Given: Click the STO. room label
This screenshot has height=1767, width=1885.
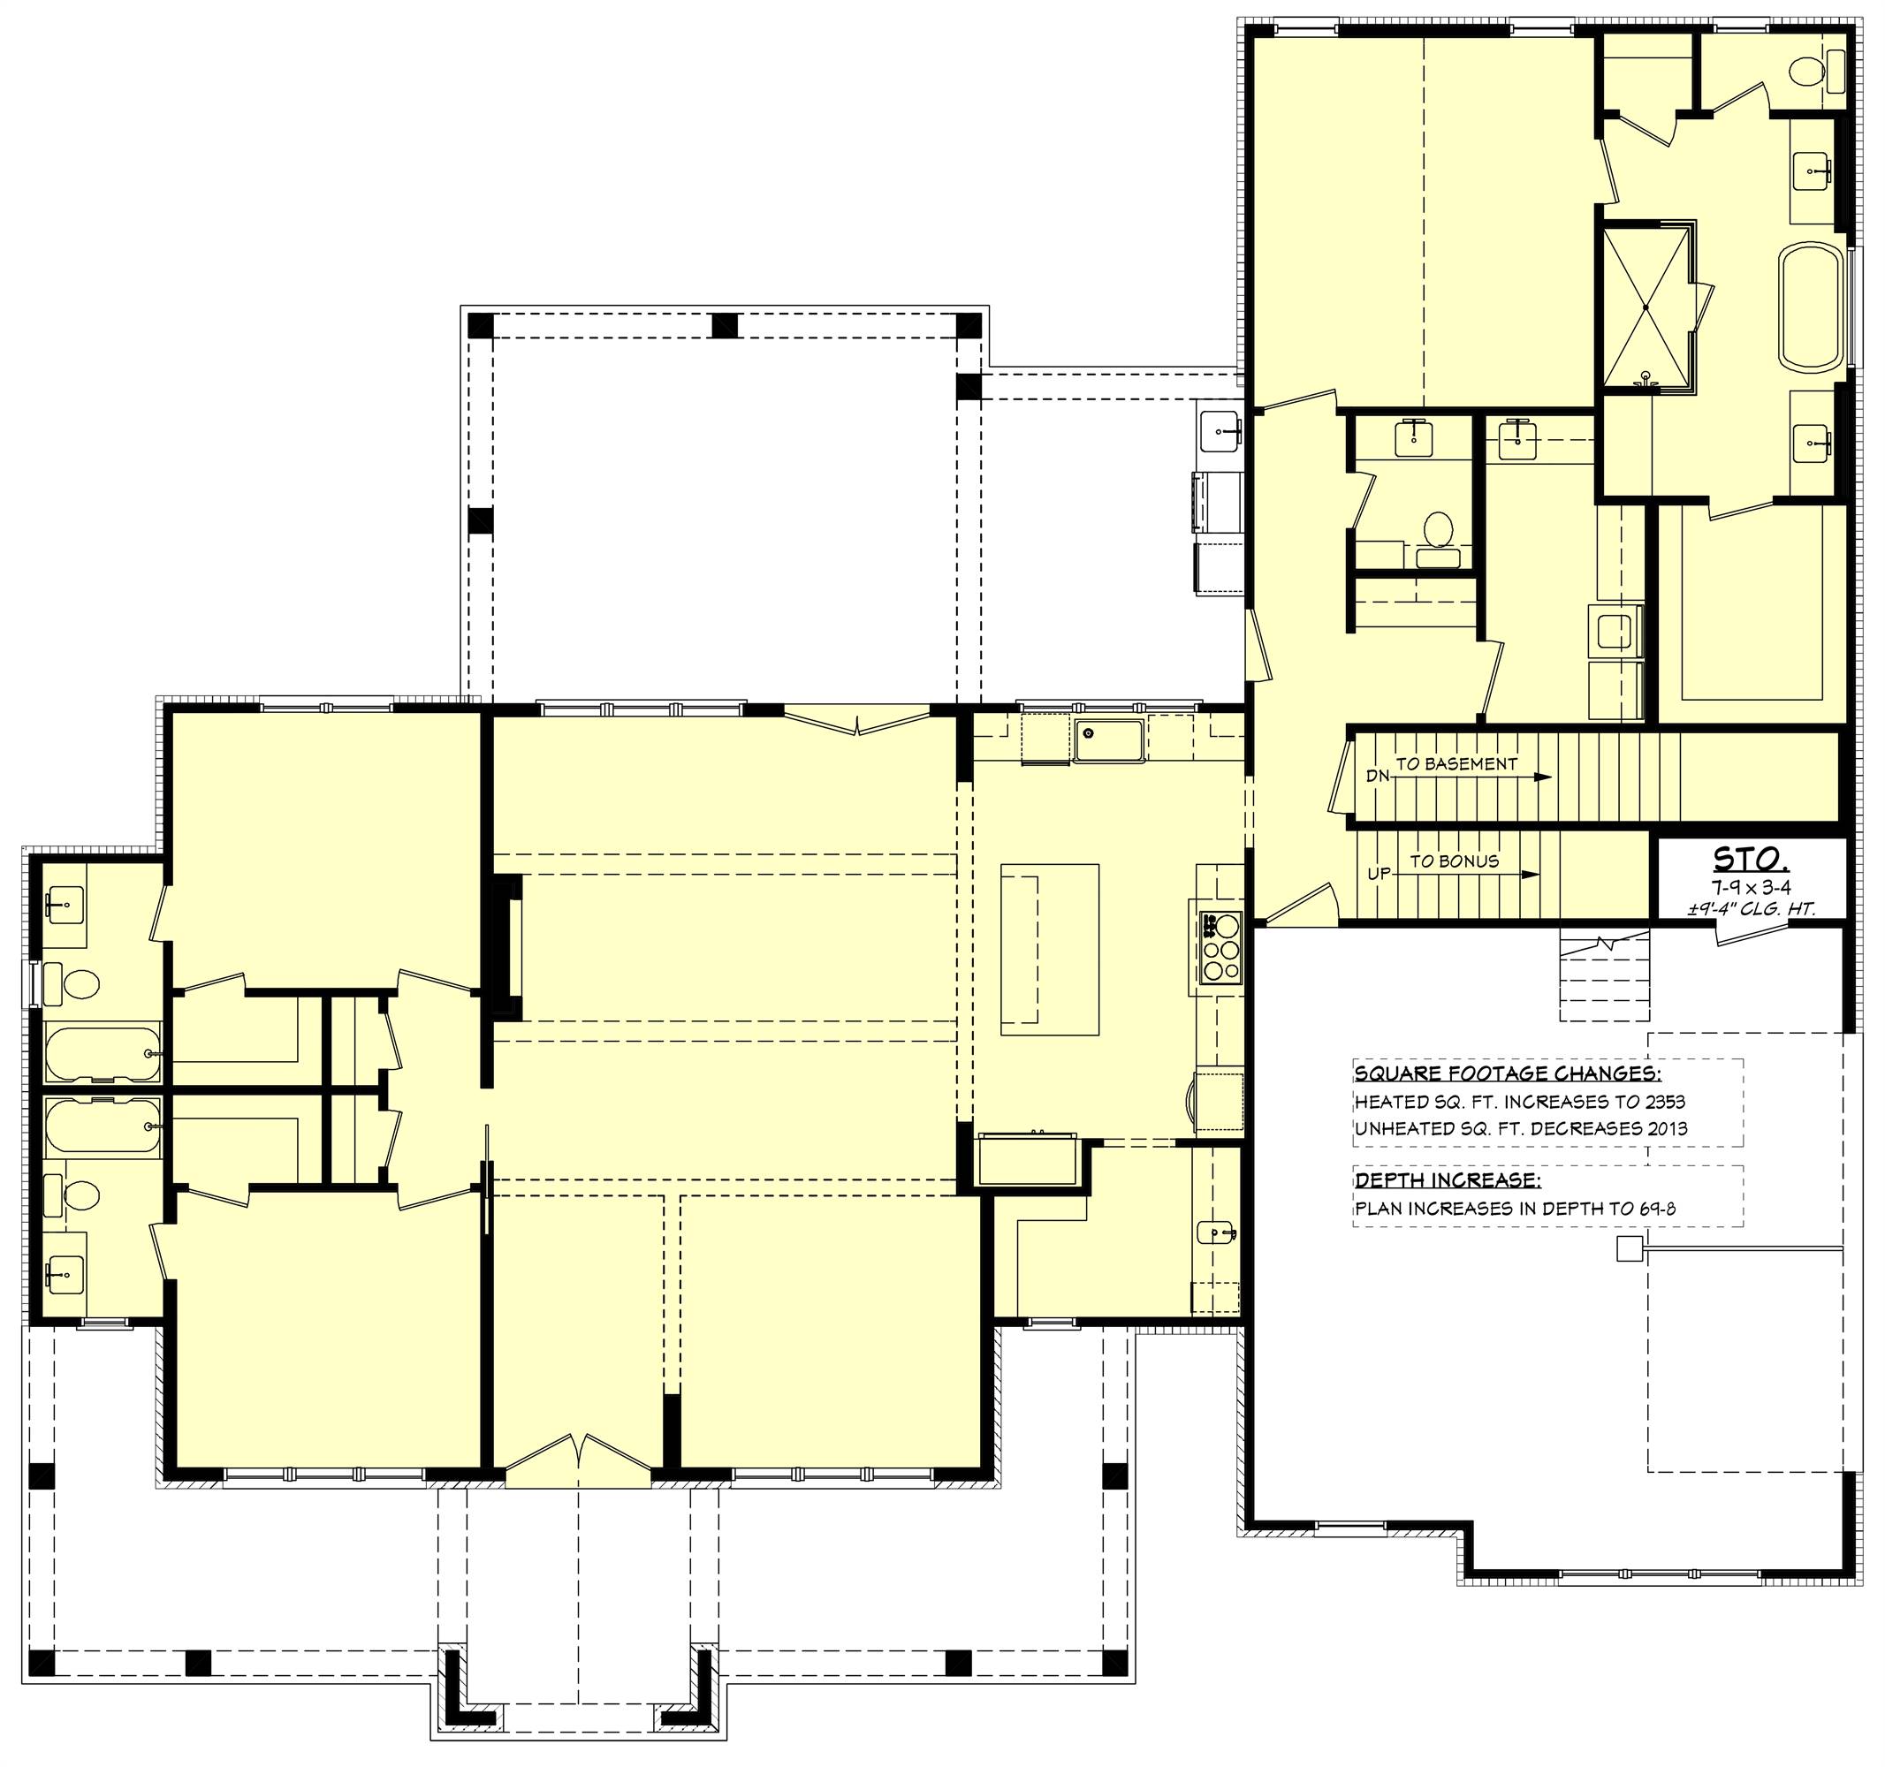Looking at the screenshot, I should tap(1751, 859).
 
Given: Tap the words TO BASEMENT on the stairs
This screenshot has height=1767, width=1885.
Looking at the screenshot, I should tap(1456, 763).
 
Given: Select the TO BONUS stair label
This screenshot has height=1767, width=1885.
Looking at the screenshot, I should tap(1454, 861).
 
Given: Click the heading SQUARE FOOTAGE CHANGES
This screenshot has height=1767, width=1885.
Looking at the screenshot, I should tap(1508, 1074).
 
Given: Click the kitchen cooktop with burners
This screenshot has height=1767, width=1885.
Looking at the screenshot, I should tap(1220, 947).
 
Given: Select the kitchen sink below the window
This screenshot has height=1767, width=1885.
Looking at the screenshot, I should tap(1108, 739).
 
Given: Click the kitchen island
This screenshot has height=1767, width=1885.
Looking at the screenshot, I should tap(1050, 949).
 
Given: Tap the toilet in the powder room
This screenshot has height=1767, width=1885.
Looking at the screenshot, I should tap(1439, 531).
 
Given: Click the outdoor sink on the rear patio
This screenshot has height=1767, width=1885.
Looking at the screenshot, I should tap(1220, 433).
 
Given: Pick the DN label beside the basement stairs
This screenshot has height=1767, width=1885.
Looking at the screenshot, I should tap(1377, 777).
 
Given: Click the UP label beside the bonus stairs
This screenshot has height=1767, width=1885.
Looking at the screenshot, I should tap(1378, 873).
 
